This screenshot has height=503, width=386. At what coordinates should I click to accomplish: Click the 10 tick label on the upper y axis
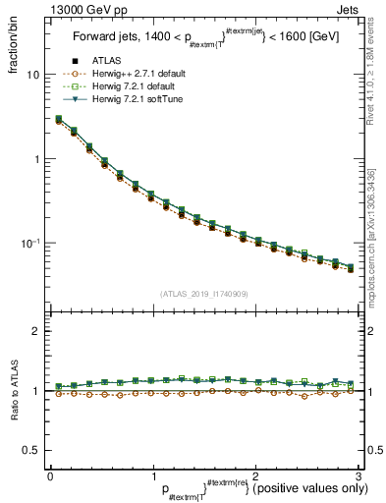pyautogui.click(x=32, y=75)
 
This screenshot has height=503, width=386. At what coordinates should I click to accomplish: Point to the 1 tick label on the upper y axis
pyautogui.click(x=36, y=159)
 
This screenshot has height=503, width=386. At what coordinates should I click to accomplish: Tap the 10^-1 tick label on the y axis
pyautogui.click(x=30, y=243)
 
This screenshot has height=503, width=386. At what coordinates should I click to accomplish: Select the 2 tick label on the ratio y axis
pyautogui.click(x=36, y=332)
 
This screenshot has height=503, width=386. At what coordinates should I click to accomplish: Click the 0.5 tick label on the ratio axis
pyautogui.click(x=31, y=450)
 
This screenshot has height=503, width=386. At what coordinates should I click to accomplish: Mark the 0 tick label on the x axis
pyautogui.click(x=50, y=476)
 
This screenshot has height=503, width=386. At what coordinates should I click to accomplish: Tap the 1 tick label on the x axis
pyautogui.click(x=152, y=476)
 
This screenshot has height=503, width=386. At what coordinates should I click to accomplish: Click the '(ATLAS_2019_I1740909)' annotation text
pyautogui.click(x=203, y=294)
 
